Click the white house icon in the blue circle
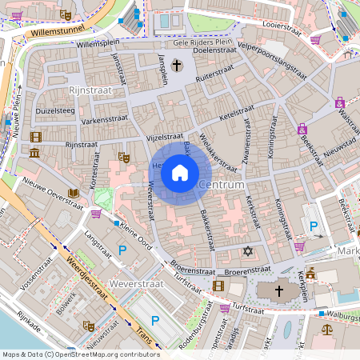180,172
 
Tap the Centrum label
221,186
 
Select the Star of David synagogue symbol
247,252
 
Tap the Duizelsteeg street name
55,111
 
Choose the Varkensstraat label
105,120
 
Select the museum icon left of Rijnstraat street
34,153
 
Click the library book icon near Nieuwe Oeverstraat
74,194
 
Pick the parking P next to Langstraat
122,251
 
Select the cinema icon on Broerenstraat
218,286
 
